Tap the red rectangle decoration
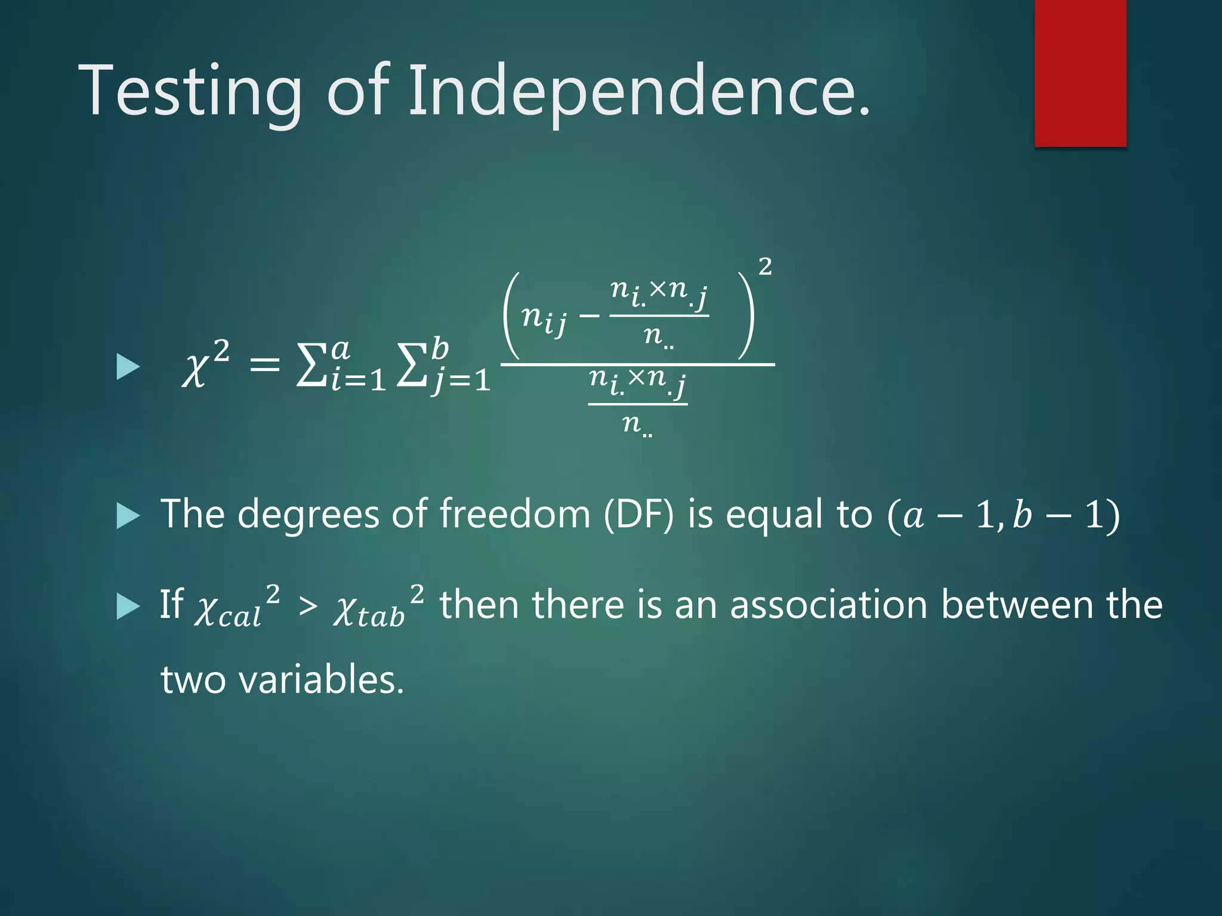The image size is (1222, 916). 1080,73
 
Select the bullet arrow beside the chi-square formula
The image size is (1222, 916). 128,367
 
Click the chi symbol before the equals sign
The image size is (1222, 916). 195,370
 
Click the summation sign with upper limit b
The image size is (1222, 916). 412,367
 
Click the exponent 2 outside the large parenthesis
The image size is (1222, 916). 765,267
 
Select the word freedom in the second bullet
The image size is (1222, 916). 514,514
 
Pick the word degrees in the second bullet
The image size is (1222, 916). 308,514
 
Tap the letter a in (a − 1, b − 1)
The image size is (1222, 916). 912,515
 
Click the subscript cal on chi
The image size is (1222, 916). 239,617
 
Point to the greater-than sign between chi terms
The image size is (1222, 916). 308,607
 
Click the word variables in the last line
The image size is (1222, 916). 321,680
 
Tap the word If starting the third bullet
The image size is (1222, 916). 171,604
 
